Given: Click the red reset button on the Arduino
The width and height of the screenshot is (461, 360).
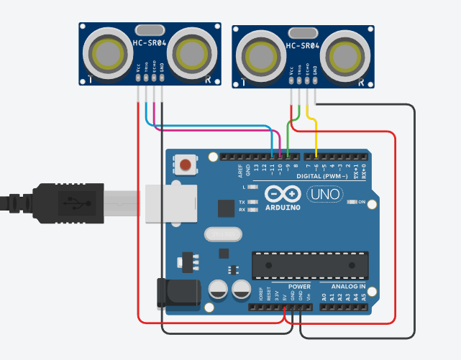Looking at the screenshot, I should click(x=186, y=165).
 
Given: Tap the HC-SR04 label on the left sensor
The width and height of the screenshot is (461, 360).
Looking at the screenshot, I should click(x=149, y=43).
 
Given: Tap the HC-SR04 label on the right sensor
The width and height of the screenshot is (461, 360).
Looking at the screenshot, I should click(x=302, y=46).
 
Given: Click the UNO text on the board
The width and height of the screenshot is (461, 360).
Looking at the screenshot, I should click(x=324, y=194).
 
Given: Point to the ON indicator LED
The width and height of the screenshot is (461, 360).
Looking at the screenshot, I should click(x=352, y=203).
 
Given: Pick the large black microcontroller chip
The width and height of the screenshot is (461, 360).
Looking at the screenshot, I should click(x=309, y=264).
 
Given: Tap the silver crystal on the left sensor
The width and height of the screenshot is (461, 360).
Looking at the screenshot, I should click(x=149, y=30).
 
